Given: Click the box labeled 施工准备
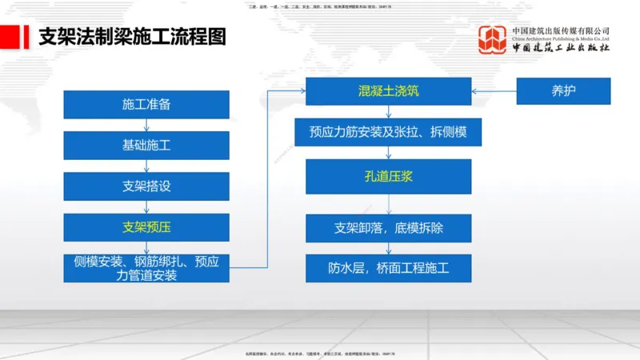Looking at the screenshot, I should [146, 105].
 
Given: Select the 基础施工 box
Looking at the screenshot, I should [146, 146].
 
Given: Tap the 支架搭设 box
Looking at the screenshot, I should [146, 186].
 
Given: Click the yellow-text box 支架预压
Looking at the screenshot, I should [146, 227].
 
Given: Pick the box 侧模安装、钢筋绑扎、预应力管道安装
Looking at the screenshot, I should [146, 268].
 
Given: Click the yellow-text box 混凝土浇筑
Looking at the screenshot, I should [389, 91].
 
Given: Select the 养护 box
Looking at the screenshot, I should [563, 91].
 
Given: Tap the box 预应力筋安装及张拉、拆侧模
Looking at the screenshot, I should [389, 132].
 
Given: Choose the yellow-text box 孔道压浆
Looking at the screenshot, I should [389, 177].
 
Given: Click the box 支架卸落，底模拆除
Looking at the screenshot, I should [389, 228].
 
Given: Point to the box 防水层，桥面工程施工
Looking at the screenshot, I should [389, 268].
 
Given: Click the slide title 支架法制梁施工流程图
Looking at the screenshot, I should [132, 37].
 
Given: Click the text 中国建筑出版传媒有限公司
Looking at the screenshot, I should [561, 30].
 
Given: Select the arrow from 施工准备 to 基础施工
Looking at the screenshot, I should [146, 126].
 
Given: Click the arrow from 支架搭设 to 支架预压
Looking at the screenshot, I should [146, 207].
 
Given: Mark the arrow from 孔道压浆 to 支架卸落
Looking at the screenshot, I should [389, 204].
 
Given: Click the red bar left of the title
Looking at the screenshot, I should [11, 37].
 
